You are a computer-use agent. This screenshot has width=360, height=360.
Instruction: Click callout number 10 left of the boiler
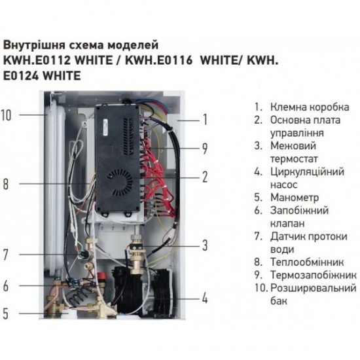click(7, 115)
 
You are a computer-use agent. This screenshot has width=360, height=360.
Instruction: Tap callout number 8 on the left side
click(6, 185)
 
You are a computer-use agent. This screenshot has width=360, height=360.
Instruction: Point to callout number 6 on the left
click(6, 285)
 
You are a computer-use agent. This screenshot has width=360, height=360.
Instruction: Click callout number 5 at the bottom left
click(6, 314)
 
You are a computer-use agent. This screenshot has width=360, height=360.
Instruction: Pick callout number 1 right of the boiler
click(205, 119)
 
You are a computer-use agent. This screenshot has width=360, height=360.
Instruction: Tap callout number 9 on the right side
click(205, 148)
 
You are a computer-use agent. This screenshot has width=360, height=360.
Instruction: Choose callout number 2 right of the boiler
click(205, 176)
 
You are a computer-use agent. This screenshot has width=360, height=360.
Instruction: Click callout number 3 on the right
click(205, 245)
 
